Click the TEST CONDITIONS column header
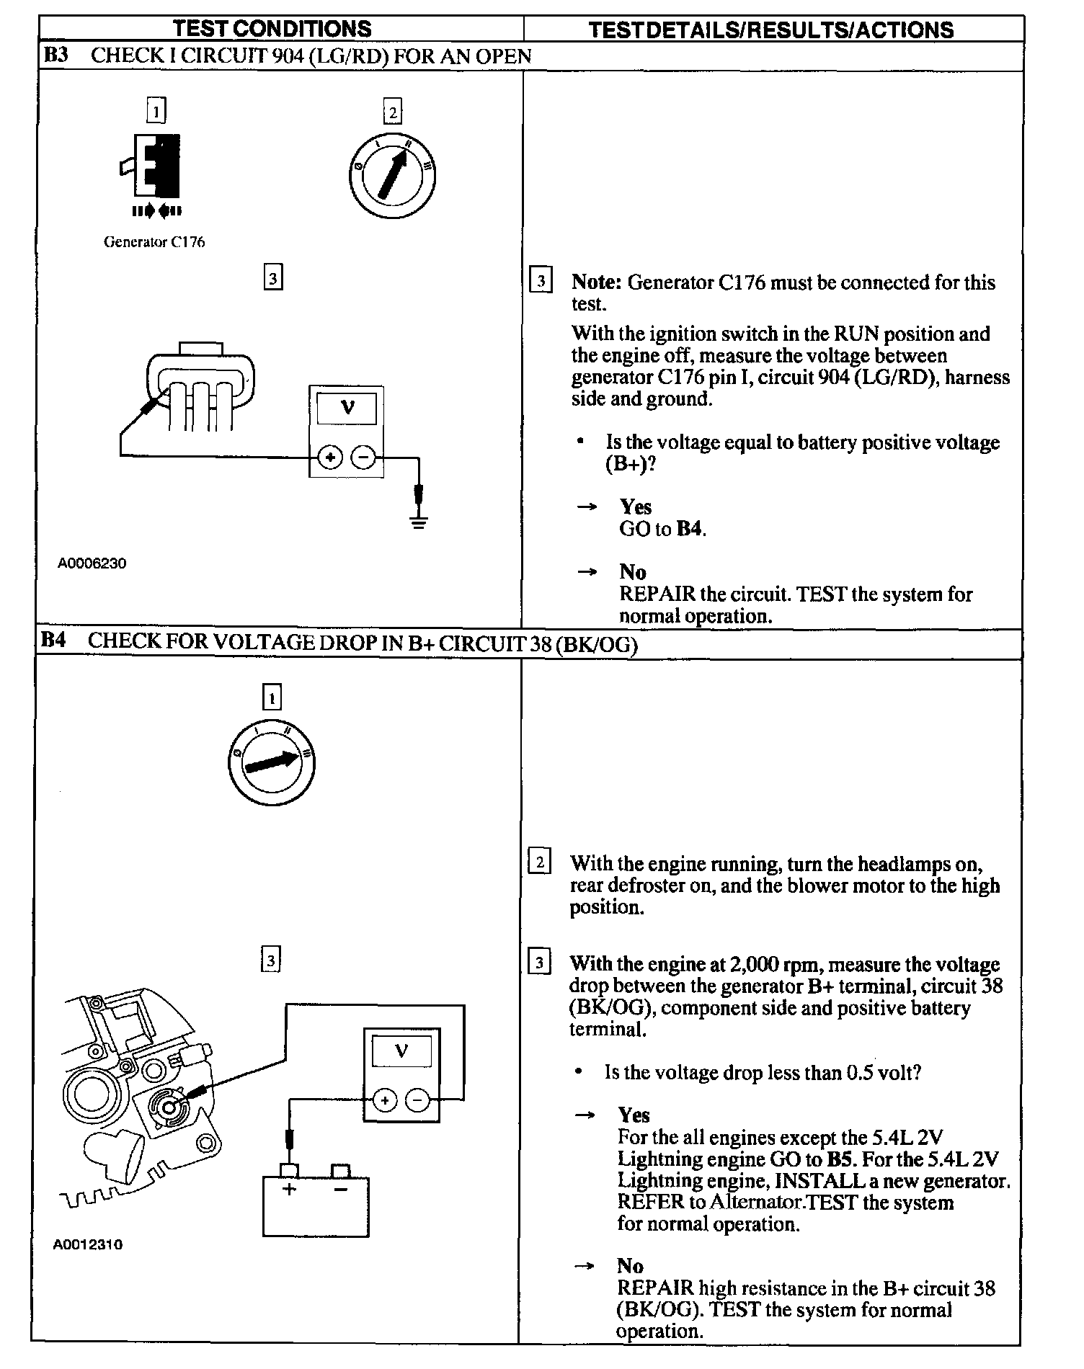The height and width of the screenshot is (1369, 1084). click(x=272, y=29)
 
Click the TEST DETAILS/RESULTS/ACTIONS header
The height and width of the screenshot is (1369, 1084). click(x=770, y=30)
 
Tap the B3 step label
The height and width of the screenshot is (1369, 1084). click(x=56, y=55)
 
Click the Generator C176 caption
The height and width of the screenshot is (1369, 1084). click(x=154, y=242)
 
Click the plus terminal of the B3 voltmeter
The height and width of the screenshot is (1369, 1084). click(x=330, y=457)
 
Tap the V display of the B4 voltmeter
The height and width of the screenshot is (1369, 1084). click(x=401, y=1051)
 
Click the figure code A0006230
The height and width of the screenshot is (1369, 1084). click(x=92, y=563)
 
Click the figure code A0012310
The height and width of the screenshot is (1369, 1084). click(x=88, y=1244)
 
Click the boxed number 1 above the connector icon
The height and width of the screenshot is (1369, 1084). click(x=155, y=111)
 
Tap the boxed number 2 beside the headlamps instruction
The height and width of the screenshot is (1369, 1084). click(x=539, y=862)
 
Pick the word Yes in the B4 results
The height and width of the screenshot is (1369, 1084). click(x=634, y=1115)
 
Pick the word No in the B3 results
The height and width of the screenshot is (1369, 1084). click(x=633, y=572)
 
